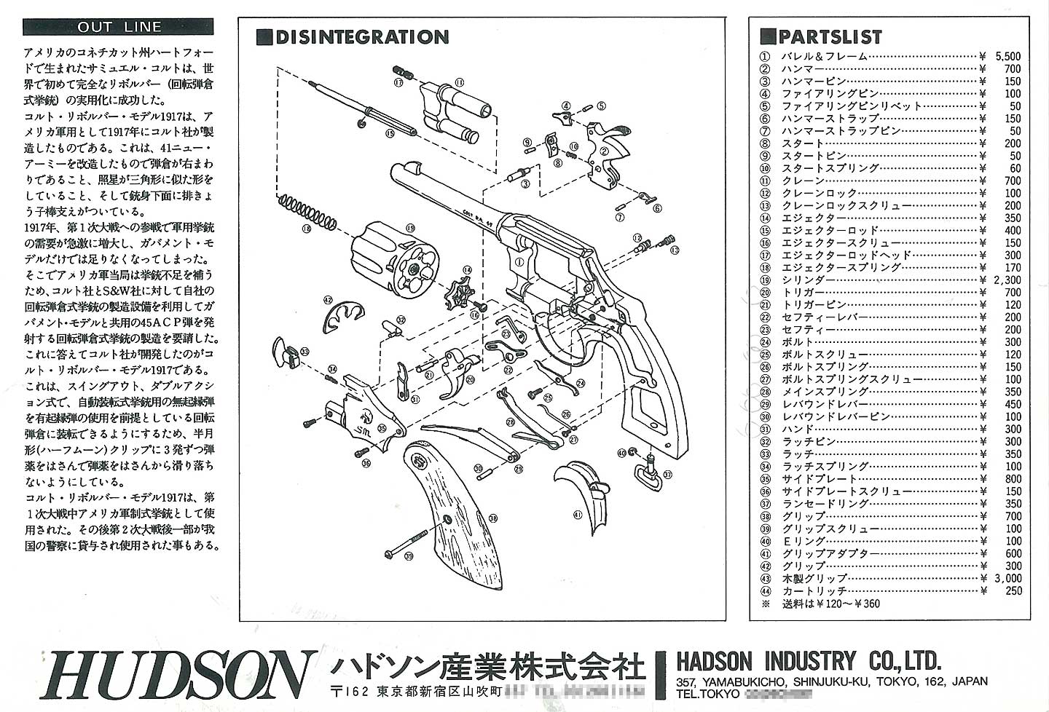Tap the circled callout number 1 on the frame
(x=519, y=261)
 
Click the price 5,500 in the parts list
(x=1007, y=56)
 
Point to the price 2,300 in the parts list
(x=1007, y=280)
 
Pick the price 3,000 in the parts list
(x=1007, y=578)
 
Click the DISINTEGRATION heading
(x=361, y=38)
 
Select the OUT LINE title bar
(x=119, y=28)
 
